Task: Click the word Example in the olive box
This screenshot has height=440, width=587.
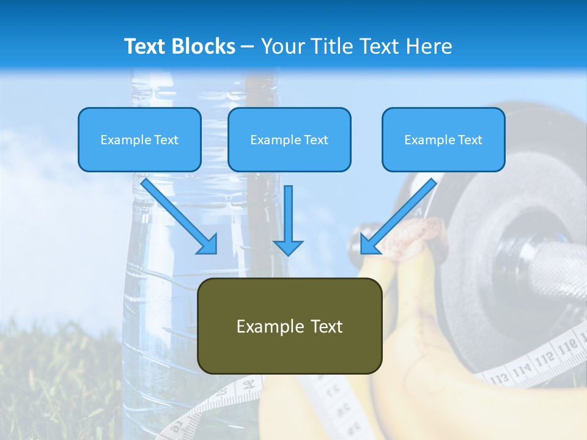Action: click(262, 326)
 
